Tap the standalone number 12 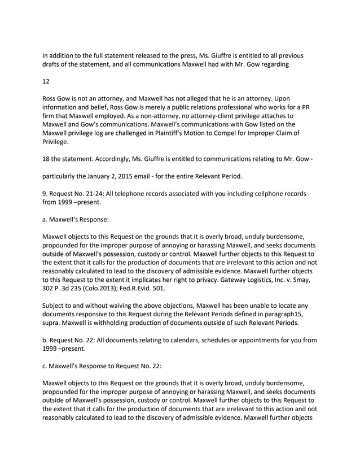pyautogui.click(x=47, y=81)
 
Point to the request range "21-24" pyautogui.click(x=92, y=194)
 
